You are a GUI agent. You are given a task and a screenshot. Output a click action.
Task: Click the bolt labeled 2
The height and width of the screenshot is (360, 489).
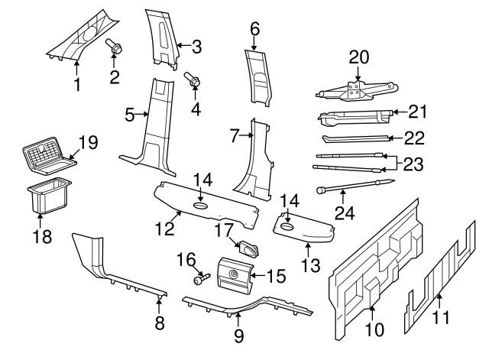[x=115, y=48]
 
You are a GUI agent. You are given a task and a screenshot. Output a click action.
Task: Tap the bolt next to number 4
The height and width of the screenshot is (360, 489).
[x=191, y=79]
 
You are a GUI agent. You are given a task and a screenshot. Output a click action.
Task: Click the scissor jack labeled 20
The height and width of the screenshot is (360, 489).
[x=354, y=92]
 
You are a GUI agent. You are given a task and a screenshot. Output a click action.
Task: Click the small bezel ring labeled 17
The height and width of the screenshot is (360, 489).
[x=248, y=248]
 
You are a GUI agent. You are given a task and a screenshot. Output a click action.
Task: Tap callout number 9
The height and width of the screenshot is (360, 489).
[x=238, y=335]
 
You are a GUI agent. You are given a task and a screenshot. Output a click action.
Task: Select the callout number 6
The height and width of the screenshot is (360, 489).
[x=255, y=29]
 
